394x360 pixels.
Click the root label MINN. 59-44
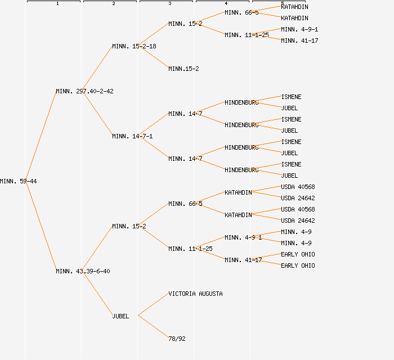(x=18, y=181)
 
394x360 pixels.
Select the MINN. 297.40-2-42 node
(x=84, y=91)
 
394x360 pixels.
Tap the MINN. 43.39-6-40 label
(x=83, y=271)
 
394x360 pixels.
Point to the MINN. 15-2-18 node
(x=134, y=46)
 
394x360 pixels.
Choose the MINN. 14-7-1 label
(x=132, y=136)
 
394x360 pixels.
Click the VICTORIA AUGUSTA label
(x=195, y=294)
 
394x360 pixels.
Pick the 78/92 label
(x=177, y=339)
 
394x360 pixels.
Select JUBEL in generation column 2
(x=120, y=316)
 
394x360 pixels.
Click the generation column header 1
(x=57, y=3)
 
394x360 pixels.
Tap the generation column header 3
(x=169, y=3)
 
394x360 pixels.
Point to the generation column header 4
(x=226, y=3)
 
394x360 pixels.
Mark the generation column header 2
(x=113, y=3)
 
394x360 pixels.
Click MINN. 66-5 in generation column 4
(x=241, y=12)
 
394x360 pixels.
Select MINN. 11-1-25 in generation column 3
(x=190, y=249)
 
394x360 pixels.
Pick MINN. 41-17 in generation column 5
(x=299, y=40)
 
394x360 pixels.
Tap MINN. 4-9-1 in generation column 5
(x=299, y=29)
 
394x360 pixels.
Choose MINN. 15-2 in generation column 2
(x=129, y=226)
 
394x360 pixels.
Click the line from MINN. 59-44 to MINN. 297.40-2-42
(x=41, y=136)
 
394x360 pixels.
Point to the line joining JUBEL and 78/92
(x=153, y=327)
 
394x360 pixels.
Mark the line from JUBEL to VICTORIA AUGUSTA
(x=153, y=304)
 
